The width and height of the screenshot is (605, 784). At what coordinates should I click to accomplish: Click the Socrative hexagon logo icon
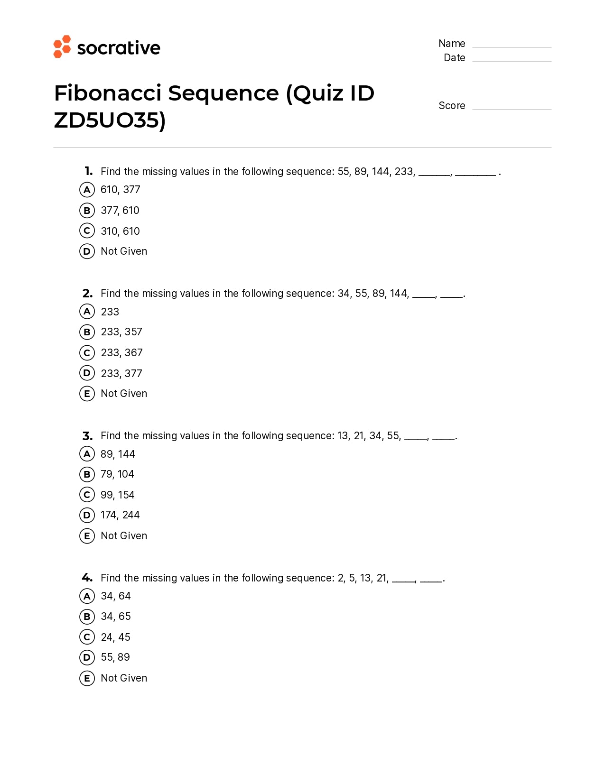[62, 46]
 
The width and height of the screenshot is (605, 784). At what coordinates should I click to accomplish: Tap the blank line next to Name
[512, 46]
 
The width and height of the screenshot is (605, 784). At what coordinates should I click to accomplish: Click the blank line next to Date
[512, 60]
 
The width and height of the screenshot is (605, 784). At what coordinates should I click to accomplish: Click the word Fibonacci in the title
[108, 93]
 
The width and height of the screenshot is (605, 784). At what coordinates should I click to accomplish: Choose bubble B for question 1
[87, 210]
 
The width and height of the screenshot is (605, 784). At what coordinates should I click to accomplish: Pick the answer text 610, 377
[121, 190]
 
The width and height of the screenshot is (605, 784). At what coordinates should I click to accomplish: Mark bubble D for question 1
[87, 251]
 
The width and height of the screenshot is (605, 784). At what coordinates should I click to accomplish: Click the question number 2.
[87, 294]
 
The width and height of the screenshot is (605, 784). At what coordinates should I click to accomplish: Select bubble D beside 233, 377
[87, 373]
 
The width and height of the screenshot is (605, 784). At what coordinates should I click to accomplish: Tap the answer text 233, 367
[121, 353]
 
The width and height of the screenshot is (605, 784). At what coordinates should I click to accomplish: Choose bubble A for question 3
[87, 454]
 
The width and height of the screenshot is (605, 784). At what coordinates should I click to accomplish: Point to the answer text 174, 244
[120, 515]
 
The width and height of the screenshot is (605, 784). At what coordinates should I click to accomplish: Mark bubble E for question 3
[87, 536]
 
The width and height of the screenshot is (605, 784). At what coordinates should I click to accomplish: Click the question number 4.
[87, 578]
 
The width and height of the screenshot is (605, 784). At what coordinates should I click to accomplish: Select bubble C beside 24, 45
[87, 637]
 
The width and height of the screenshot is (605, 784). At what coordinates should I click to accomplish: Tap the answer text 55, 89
[115, 657]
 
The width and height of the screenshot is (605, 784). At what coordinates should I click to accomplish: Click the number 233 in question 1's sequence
[404, 171]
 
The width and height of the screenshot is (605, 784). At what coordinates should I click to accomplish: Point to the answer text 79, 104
[117, 474]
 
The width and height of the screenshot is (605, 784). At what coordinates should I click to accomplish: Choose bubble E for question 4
[87, 678]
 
